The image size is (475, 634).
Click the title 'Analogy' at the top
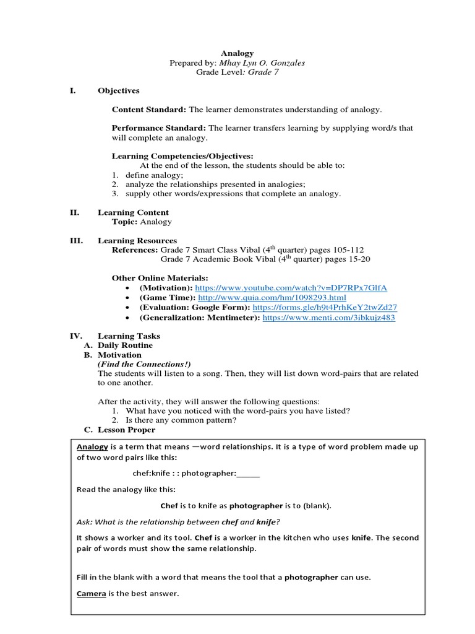coord(237,53)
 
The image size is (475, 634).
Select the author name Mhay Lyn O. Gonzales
coord(262,63)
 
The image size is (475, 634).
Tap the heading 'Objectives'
coord(119,90)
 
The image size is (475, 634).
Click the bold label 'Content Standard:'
coord(148,110)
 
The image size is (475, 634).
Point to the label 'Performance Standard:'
coord(159,128)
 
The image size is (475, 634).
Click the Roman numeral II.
coord(74,212)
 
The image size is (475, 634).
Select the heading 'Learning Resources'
coord(137,240)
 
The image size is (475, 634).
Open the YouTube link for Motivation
coord(291,288)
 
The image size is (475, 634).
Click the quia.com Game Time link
coord(268,298)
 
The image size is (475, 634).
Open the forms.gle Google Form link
coord(325,307)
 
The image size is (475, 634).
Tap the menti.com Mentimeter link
coord(328,317)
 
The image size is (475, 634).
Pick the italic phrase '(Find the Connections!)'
coord(144,364)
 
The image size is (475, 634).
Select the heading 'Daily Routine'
coord(125,345)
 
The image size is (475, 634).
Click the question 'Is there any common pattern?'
coord(181,420)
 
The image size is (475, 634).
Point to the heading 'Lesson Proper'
coord(126,430)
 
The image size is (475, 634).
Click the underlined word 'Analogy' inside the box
coord(92,447)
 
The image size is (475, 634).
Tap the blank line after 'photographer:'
coord(248,474)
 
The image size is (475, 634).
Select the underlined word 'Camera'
coord(92,594)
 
